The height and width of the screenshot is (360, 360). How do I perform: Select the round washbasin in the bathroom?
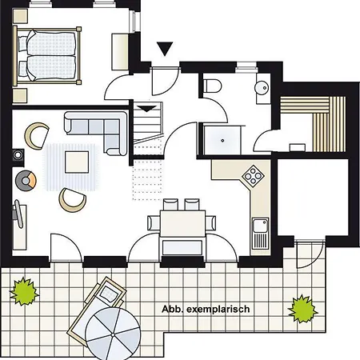260,89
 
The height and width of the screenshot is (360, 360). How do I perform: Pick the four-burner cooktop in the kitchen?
254,174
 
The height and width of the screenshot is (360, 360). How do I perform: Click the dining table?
182,222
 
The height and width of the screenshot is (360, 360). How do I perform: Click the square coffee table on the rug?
78,162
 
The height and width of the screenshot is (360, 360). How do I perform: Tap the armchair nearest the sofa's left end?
36,134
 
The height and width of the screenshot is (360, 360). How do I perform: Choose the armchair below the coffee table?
71,198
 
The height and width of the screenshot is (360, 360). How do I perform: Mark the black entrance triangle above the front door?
164,50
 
